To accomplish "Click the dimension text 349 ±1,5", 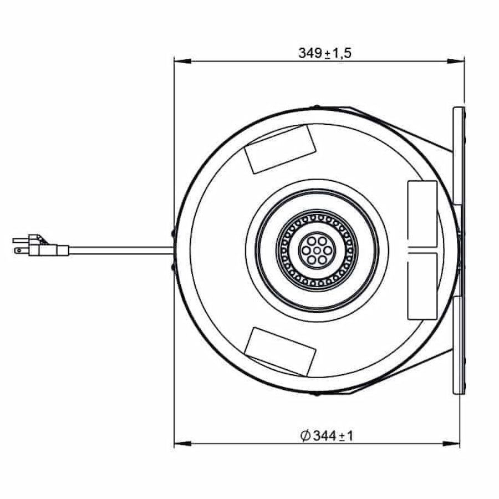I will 325,53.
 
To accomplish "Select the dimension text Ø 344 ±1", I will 326,436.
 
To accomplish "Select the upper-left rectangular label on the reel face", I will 281,149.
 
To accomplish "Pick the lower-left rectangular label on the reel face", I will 281,351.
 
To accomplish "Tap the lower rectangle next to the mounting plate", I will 422,286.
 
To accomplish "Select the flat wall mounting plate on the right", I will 459,250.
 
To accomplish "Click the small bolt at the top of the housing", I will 316,107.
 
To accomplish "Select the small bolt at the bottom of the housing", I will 316,394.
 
